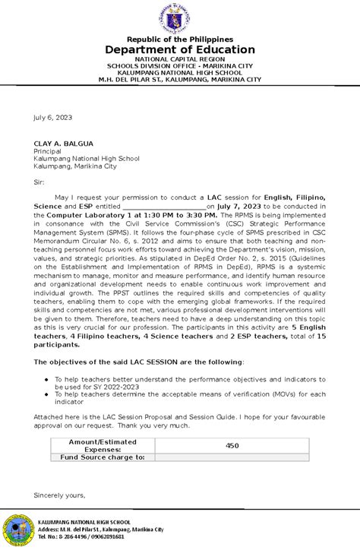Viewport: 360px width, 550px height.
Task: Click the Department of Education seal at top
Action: pyautogui.click(x=180, y=17)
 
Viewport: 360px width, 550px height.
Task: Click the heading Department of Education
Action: pyautogui.click(x=180, y=49)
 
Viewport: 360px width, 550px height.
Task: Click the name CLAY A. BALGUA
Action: pyautogui.click(x=62, y=143)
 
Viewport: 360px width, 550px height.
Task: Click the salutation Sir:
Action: pyautogui.click(x=39, y=182)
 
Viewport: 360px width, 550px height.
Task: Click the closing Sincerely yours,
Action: pyautogui.click(x=59, y=495)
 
